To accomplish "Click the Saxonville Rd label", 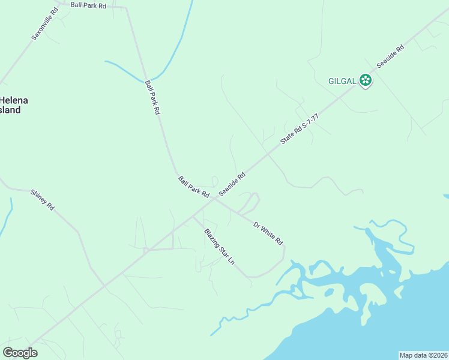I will point(45,24).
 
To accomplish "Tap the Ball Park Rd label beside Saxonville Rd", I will point(88,5).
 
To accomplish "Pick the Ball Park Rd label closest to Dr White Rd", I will point(193,187).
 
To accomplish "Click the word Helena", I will point(14,100).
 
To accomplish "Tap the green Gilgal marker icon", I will point(366,80).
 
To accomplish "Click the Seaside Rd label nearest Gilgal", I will point(390,55).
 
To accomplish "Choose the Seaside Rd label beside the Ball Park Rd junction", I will point(232,184).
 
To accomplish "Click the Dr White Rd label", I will point(268,233).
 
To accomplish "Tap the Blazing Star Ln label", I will point(218,247).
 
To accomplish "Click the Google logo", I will point(20,353).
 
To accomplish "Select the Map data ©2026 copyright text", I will point(423,355).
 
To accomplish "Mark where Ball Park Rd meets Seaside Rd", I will point(214,199).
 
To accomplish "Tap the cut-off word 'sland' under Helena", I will point(10,110).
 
